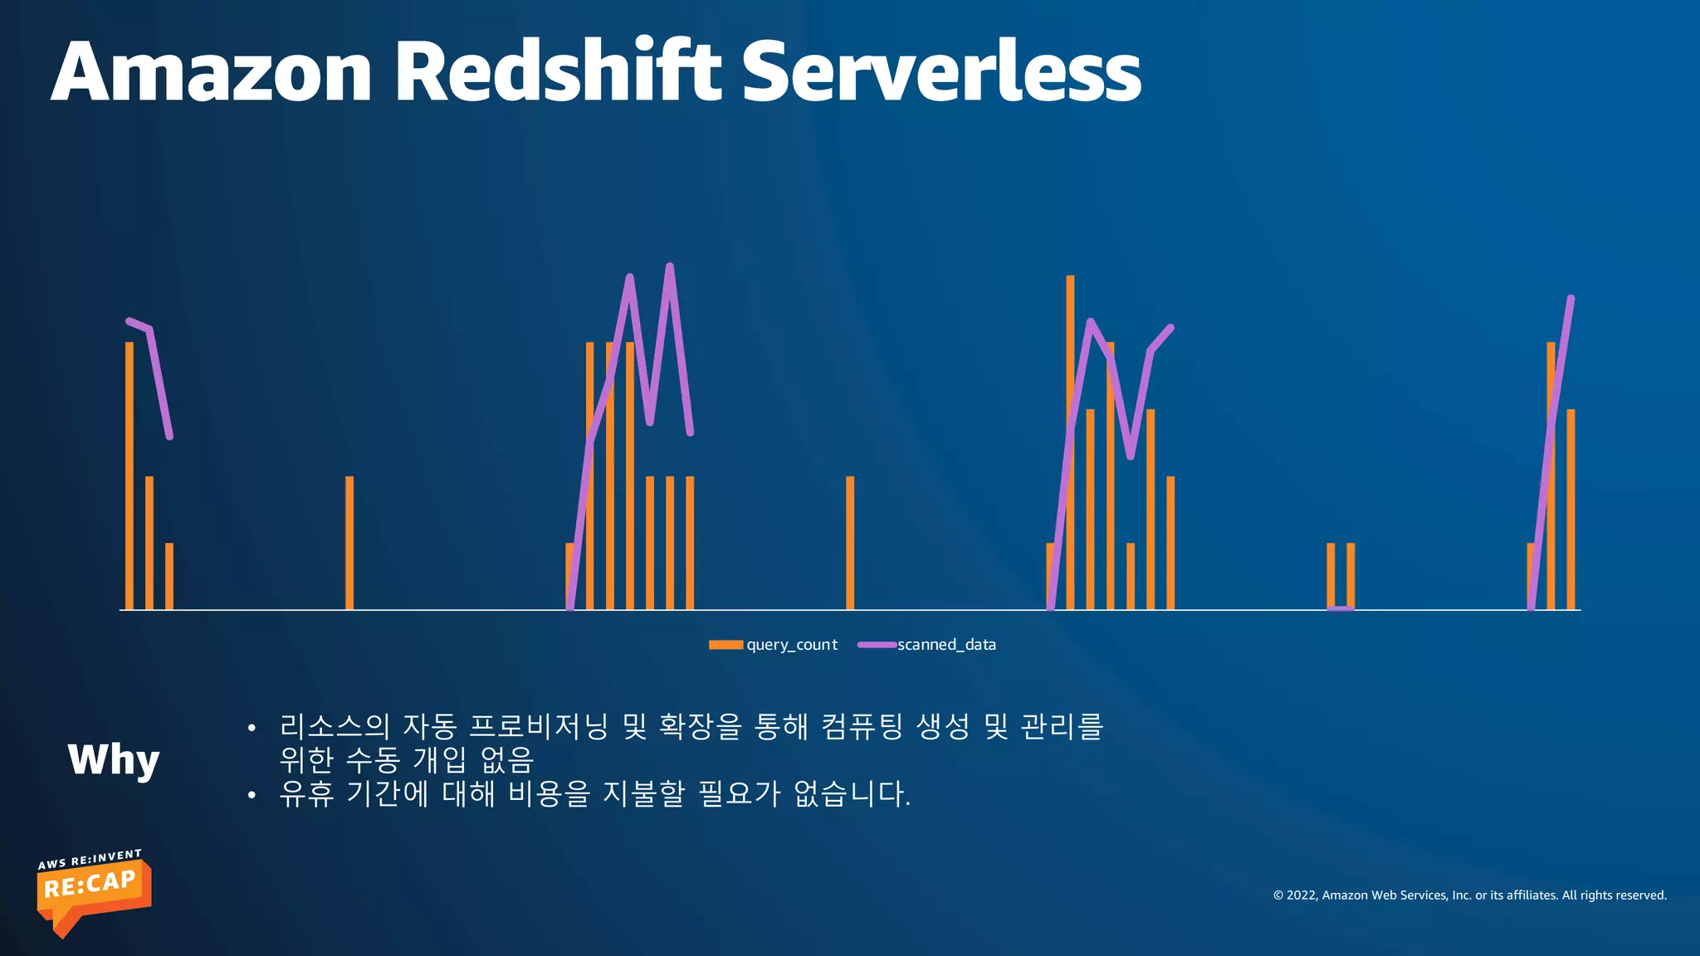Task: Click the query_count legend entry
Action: (774, 645)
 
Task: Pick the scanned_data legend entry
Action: (927, 645)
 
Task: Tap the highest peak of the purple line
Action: (670, 266)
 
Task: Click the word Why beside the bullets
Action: (114, 759)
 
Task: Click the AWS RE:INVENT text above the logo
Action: (90, 859)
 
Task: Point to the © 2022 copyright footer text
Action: (1469, 895)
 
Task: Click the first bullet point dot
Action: (252, 729)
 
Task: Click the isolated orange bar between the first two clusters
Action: (349, 543)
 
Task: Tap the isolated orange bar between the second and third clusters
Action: (850, 543)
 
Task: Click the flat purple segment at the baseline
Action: (1341, 609)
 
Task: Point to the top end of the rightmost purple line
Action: (1571, 299)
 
